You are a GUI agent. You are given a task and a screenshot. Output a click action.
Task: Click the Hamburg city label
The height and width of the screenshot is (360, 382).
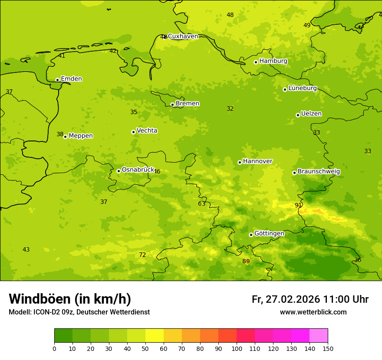(x=273, y=61)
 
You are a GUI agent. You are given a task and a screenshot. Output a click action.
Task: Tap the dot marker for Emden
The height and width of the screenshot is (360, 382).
(x=57, y=80)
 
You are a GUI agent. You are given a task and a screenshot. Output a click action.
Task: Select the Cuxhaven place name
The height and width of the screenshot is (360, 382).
(x=183, y=36)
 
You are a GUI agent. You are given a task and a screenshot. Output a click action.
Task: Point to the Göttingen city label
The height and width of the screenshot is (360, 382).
(x=269, y=234)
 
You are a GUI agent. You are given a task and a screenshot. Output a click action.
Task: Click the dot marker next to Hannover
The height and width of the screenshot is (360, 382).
(x=240, y=162)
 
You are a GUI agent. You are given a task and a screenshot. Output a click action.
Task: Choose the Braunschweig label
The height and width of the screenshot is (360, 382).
(x=319, y=172)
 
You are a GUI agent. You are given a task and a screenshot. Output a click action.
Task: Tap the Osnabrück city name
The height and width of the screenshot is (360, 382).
(x=138, y=170)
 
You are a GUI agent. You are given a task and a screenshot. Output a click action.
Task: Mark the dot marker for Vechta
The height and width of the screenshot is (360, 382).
(x=133, y=132)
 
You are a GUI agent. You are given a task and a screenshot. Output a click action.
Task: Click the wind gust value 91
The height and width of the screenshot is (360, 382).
(x=298, y=206)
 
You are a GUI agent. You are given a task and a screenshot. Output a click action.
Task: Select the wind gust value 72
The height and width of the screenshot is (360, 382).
(x=142, y=255)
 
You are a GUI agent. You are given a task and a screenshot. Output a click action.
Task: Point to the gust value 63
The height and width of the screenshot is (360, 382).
(x=202, y=204)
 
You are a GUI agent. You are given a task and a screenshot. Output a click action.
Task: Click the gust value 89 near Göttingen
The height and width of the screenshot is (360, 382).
(x=246, y=262)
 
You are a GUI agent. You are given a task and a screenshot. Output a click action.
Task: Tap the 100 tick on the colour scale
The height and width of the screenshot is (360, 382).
(x=237, y=348)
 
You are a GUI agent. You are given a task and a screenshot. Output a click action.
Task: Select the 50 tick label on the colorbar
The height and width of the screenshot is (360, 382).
(x=145, y=348)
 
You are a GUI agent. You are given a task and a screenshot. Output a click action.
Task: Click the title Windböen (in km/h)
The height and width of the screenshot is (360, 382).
(x=70, y=299)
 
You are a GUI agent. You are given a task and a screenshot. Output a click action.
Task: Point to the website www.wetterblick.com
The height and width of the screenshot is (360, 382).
(x=313, y=312)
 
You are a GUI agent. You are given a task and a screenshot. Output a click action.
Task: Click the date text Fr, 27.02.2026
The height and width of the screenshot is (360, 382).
(x=286, y=299)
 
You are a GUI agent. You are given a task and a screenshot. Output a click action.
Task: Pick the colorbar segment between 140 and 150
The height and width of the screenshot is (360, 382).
(x=319, y=336)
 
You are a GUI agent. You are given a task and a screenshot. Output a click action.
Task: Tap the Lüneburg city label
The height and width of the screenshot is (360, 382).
(x=302, y=88)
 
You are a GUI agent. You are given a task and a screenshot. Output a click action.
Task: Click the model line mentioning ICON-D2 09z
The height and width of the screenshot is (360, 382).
(x=79, y=312)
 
